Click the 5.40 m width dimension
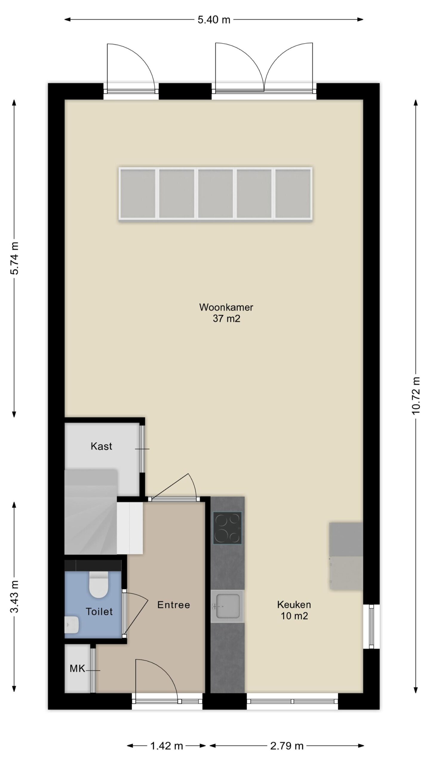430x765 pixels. point(214,20)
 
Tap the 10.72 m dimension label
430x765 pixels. point(416,395)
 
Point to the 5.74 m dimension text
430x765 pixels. point(14,258)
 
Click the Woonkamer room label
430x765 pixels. point(226,307)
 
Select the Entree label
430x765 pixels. point(173,605)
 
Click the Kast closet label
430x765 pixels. point(102,446)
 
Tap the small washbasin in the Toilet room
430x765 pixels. point(72,625)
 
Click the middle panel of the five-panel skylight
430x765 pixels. point(215,194)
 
